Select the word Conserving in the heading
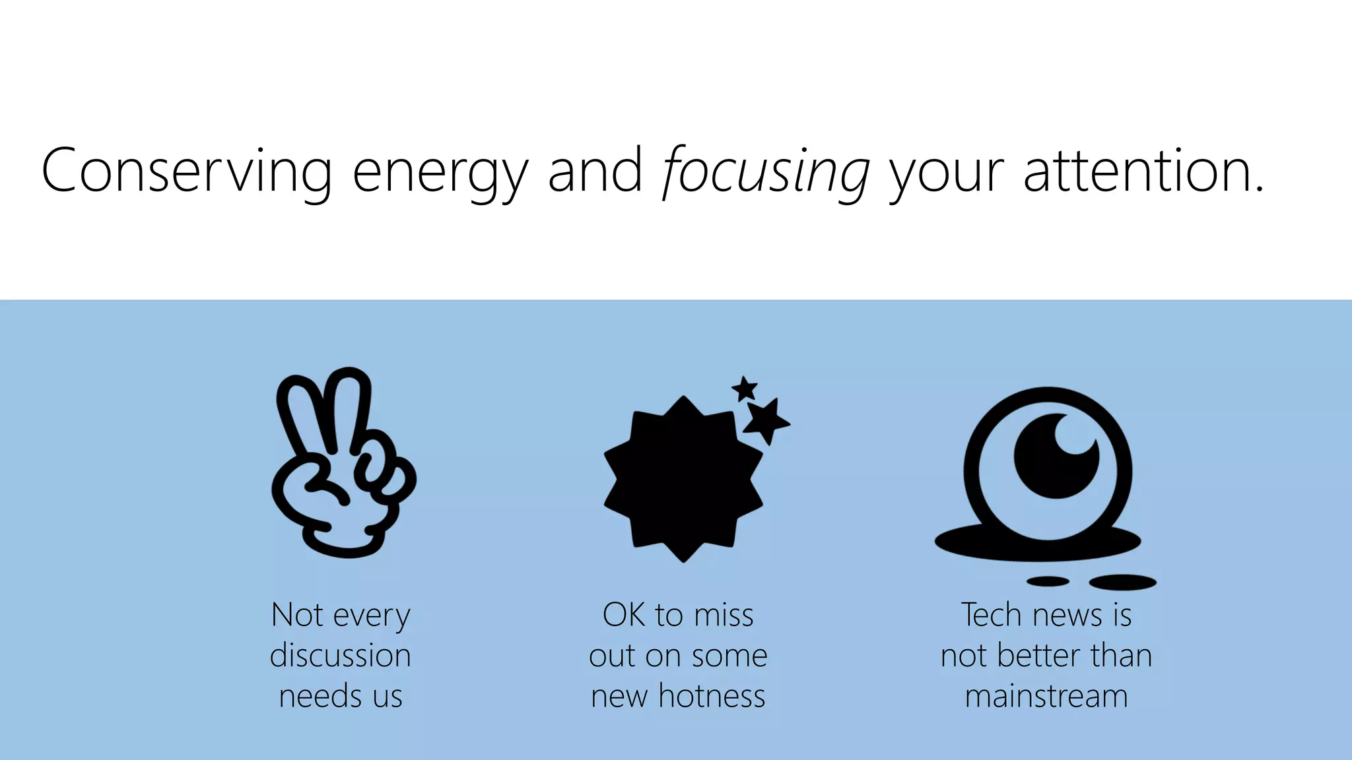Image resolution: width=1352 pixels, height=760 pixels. point(187,170)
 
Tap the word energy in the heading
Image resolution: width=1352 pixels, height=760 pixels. point(440,173)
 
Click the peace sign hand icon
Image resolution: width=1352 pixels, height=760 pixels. point(341,462)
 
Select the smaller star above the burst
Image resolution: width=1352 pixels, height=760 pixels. point(745,389)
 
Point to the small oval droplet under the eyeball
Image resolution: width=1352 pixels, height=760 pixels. point(1048,581)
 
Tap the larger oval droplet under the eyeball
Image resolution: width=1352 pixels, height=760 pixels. point(1122,582)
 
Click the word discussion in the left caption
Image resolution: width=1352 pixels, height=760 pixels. point(341,656)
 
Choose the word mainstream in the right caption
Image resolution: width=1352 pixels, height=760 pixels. point(1046,696)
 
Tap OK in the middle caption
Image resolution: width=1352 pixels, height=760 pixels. point(624,615)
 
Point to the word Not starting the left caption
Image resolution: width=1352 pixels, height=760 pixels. point(297,615)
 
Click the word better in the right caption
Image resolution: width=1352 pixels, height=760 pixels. point(1039,656)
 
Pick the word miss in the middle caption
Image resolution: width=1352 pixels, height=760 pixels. point(724,615)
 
